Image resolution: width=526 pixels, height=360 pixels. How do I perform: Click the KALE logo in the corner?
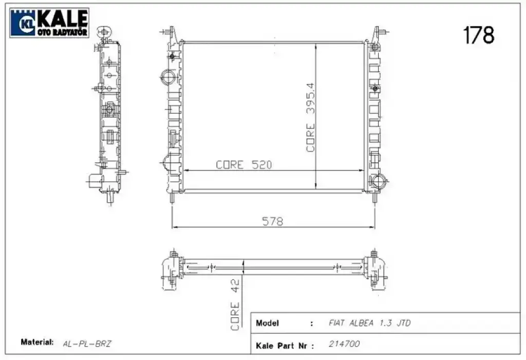49,23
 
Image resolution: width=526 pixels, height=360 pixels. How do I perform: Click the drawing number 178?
479,35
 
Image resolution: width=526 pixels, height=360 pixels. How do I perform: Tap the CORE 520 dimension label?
244,165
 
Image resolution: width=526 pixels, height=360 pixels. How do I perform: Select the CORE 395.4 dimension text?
311,118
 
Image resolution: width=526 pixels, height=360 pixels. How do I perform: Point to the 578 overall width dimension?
272,221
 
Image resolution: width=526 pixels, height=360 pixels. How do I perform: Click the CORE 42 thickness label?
235,305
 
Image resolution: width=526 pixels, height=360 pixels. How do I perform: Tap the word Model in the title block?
267,323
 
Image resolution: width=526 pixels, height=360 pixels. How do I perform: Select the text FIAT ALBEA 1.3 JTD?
370,323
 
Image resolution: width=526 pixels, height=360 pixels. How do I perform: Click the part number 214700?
344,344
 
